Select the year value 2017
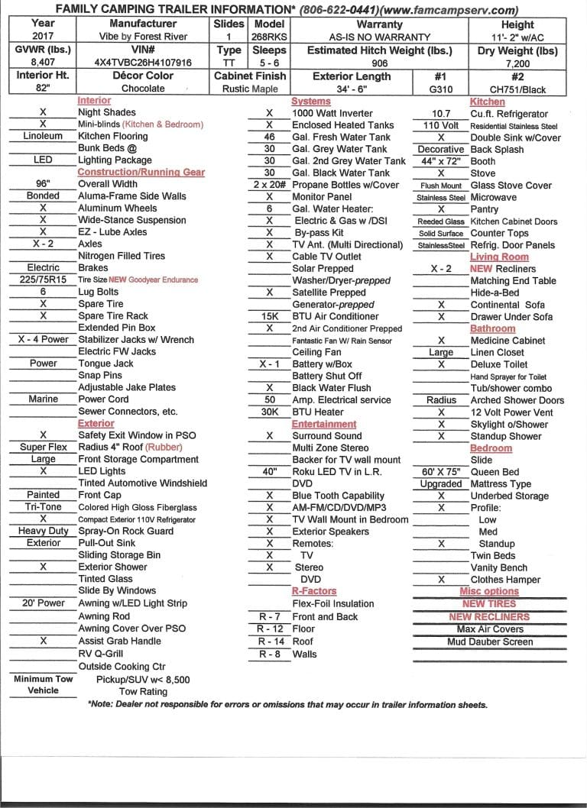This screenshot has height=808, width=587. pyautogui.click(x=43, y=36)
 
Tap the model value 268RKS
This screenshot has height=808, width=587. pyautogui.click(x=268, y=36)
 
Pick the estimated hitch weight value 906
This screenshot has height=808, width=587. pyautogui.click(x=380, y=63)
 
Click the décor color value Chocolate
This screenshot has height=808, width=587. pyautogui.click(x=143, y=89)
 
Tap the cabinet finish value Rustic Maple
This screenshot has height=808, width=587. pyautogui.click(x=249, y=89)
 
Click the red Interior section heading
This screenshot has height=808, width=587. pyautogui.click(x=94, y=101)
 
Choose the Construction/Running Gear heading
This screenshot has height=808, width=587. pyautogui.click(x=141, y=173)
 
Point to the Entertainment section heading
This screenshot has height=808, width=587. pyautogui.click(x=324, y=424)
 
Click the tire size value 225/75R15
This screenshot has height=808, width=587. pyautogui.click(x=43, y=280)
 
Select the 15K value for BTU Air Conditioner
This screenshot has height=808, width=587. pyautogui.click(x=269, y=316)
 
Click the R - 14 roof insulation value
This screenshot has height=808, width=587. pyautogui.click(x=269, y=642)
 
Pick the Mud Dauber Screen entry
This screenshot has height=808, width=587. pyautogui.click(x=490, y=642)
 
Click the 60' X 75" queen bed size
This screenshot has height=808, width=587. pyautogui.click(x=441, y=472)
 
